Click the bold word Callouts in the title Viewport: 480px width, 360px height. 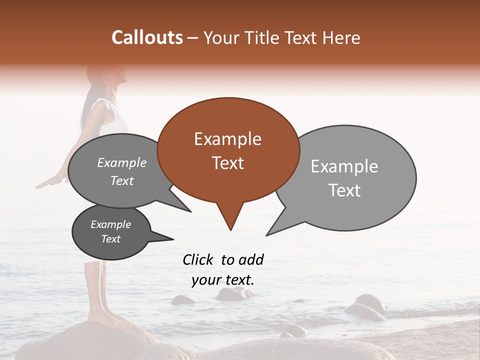point(147,37)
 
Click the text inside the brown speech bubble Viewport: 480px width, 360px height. point(227,151)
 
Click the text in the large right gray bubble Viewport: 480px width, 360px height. point(344,178)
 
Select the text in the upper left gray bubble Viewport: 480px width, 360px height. point(122,171)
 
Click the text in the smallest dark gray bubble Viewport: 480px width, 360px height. point(111,231)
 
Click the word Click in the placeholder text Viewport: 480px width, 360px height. point(198,259)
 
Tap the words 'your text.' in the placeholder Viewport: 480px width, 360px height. point(223,280)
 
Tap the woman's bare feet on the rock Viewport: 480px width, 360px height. point(102,318)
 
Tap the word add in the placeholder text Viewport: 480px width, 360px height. point(251,259)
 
